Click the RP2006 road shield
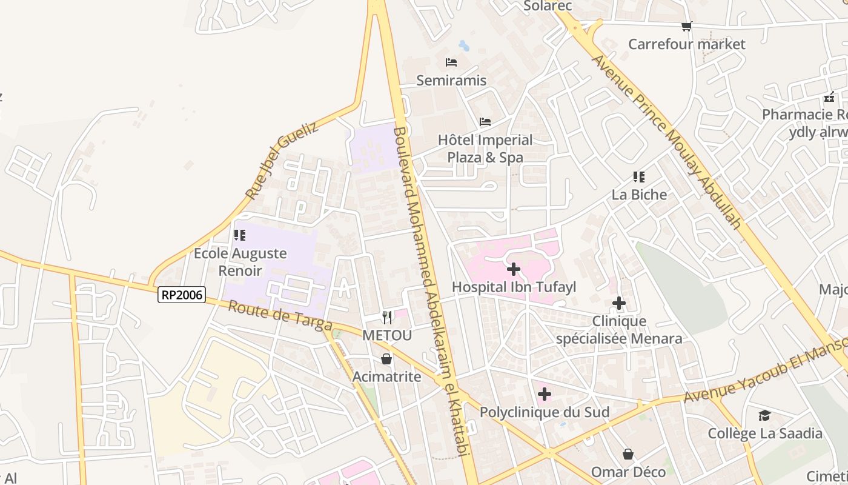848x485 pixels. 182,295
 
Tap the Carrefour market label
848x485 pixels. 687,44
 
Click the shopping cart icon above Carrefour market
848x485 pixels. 686,26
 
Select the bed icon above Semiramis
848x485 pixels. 451,62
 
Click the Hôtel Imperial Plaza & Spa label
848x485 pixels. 485,149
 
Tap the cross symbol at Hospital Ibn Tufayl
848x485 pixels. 514,269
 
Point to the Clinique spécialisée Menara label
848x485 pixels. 619,330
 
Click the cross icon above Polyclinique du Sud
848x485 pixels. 544,394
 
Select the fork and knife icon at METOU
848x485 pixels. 387,317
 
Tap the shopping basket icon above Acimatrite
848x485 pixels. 386,359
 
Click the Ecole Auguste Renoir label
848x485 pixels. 240,262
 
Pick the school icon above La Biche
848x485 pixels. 638,176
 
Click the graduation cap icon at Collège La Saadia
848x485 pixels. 764,415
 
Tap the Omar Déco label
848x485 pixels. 628,472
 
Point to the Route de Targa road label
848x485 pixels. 280,316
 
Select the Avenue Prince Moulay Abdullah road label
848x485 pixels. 666,142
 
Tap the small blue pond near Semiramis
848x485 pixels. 464,45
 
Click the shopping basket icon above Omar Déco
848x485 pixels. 628,453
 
